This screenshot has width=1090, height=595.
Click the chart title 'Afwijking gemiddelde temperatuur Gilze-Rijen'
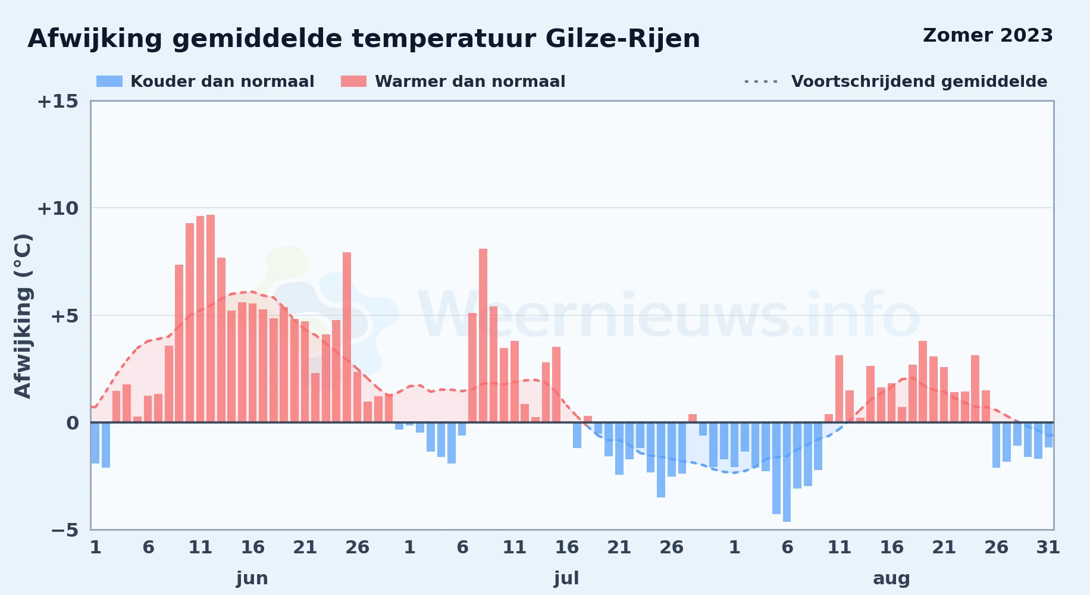click(x=364, y=39)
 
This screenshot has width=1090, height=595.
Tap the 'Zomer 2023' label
click(x=988, y=35)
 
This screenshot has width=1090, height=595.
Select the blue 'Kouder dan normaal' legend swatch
click(x=109, y=82)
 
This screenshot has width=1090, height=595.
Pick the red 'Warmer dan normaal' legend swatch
click(x=353, y=82)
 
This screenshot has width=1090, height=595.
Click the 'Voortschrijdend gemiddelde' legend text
click(x=919, y=82)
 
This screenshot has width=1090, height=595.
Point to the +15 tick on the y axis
click(x=58, y=102)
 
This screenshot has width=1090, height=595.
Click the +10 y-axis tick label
click(x=58, y=208)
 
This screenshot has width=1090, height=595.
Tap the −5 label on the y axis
click(x=64, y=530)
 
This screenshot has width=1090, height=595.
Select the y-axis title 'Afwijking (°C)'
click(x=23, y=316)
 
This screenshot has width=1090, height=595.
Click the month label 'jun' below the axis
click(x=252, y=578)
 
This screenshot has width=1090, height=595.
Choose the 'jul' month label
click(x=566, y=578)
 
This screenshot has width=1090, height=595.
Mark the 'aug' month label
click(x=891, y=578)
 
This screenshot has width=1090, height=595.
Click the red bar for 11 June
click(x=201, y=319)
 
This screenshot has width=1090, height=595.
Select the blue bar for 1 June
click(x=95, y=443)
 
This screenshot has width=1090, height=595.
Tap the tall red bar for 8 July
click(x=483, y=336)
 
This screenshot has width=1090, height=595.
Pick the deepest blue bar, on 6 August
click(x=787, y=472)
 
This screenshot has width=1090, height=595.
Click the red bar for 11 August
click(x=839, y=389)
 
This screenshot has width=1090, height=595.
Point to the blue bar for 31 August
click(x=1048, y=435)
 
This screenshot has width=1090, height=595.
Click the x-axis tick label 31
click(x=1048, y=547)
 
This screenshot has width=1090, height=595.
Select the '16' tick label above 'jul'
click(x=566, y=547)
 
